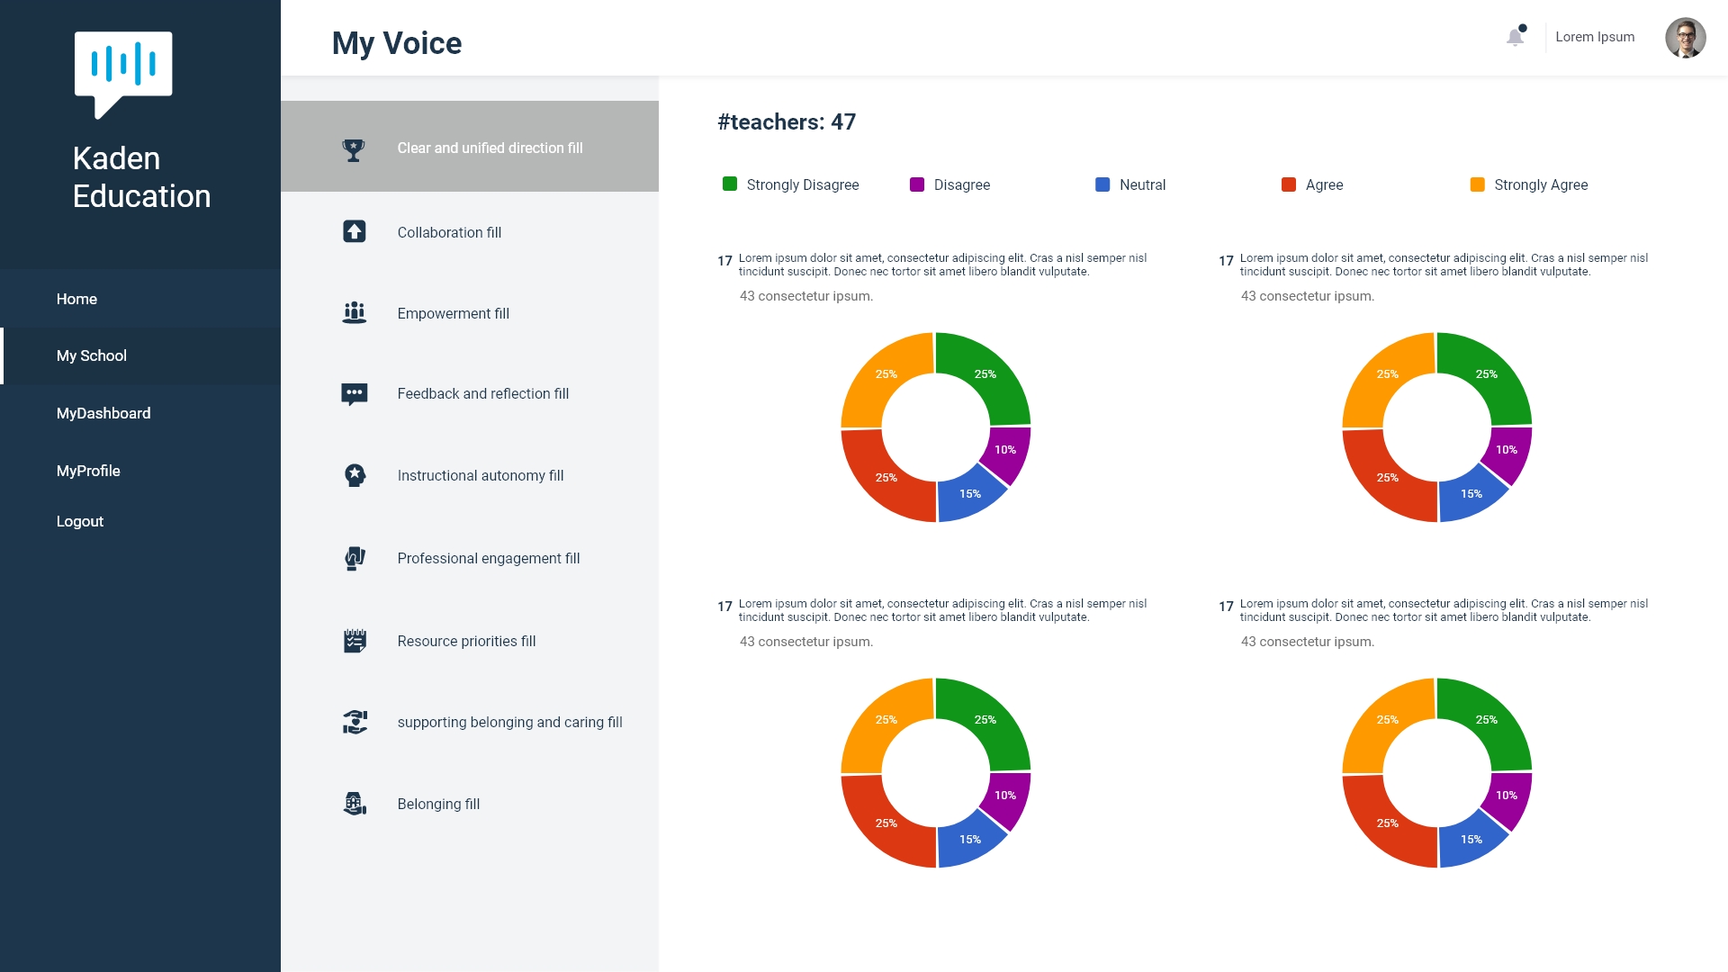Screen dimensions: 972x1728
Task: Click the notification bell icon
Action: (x=1515, y=37)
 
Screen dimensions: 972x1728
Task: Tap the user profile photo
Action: (x=1685, y=38)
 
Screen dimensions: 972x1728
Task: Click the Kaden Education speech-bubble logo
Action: (x=123, y=72)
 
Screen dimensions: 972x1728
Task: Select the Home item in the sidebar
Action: (x=76, y=299)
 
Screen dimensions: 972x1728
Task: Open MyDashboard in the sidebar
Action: (x=103, y=413)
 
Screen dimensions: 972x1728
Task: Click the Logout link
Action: (x=80, y=521)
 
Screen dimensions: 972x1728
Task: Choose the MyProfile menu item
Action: (x=88, y=471)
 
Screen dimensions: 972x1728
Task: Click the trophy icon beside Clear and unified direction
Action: (x=354, y=149)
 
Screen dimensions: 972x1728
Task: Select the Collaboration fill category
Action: (x=449, y=232)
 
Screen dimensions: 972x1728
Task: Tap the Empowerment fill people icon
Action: (x=355, y=313)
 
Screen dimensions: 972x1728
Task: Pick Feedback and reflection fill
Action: (x=482, y=393)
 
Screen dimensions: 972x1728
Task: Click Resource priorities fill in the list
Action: (x=466, y=641)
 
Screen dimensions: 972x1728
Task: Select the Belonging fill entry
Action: (x=438, y=804)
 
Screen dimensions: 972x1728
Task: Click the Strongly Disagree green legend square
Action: (x=730, y=184)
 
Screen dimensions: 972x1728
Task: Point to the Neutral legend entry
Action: (x=1141, y=184)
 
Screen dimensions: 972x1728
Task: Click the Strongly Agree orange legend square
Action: (x=1477, y=184)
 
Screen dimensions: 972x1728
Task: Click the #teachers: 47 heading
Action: (x=786, y=121)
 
